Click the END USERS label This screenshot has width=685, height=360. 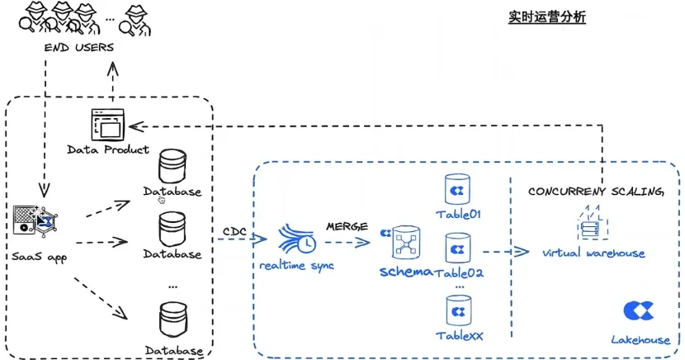point(79,47)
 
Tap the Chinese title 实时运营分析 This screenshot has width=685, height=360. point(547,17)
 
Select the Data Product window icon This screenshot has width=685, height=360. point(106,126)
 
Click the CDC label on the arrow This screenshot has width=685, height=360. point(235,230)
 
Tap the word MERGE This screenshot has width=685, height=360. point(347,225)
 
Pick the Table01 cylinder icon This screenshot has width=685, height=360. point(456,189)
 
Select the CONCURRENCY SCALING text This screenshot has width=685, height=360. point(596,192)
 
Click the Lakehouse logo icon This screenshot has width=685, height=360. point(638,310)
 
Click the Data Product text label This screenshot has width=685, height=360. point(108,149)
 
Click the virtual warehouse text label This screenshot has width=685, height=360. point(593,253)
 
